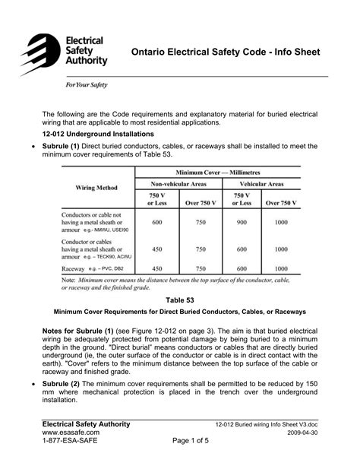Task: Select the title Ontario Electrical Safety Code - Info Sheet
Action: pos(226,52)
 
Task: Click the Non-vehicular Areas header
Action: pos(178,185)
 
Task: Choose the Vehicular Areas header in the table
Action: pos(262,185)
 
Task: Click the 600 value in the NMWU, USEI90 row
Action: pos(157,222)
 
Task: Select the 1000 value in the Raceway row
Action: pos(282,269)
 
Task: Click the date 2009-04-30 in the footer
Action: pos(311,432)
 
